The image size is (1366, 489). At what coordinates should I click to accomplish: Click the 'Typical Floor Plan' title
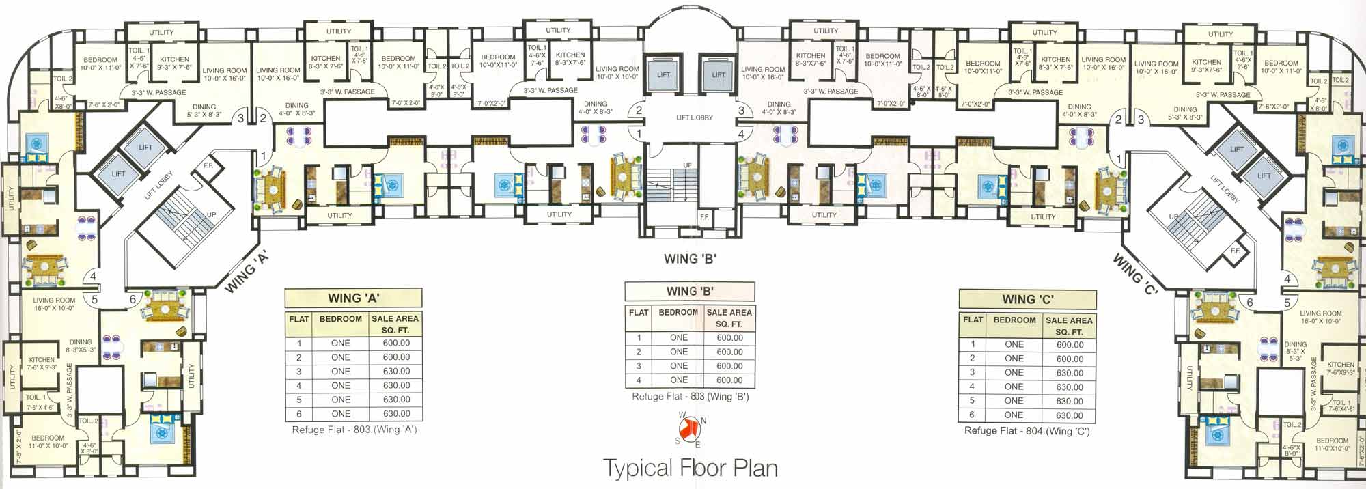pos(691,468)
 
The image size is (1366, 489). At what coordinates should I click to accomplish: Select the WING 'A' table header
pos(353,298)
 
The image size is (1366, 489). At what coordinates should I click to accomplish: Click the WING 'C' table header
pos(1027,299)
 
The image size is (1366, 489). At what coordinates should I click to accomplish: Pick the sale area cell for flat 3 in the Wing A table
pos(396,372)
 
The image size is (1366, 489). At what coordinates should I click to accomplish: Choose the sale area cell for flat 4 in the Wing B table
pos(729,380)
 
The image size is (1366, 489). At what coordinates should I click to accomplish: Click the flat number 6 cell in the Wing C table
pos(972,415)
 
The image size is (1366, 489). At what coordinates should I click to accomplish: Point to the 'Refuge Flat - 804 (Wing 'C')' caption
pos(1027,432)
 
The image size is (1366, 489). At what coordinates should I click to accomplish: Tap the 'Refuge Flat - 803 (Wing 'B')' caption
pos(690,397)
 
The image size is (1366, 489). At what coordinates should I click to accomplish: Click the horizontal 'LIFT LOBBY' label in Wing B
pos(694,117)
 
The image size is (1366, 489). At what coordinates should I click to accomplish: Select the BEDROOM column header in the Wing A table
pos(340,319)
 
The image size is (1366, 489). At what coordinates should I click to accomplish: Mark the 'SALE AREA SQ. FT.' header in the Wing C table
pos(1069,326)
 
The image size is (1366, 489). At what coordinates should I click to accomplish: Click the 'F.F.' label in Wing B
pos(704,217)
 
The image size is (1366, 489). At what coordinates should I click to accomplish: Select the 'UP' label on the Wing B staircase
pos(687,166)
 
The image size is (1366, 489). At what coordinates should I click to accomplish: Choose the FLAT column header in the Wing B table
pos(639,313)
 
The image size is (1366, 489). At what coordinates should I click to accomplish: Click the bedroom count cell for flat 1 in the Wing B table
pos(679,338)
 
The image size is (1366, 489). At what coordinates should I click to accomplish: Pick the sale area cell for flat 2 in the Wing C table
pos(1070,359)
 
